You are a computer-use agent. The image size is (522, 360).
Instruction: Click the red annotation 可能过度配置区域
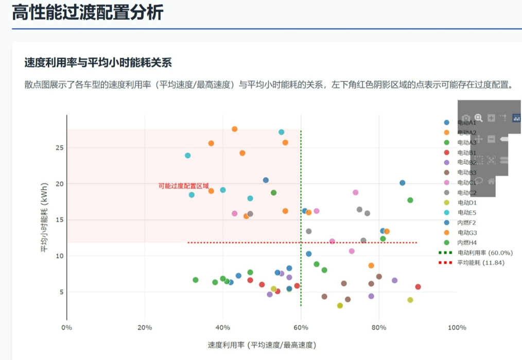[184, 186]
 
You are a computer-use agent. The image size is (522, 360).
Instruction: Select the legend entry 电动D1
[467, 203]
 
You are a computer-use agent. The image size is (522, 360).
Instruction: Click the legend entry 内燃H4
[467, 243]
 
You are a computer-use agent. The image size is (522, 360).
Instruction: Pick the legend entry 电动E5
[467, 213]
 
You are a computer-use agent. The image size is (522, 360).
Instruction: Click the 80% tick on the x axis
[379, 328]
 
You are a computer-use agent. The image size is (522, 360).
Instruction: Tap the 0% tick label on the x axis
[66, 328]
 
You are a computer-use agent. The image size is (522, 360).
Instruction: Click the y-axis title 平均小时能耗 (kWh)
[45, 217]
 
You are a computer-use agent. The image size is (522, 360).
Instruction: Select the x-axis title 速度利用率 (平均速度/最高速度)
[262, 344]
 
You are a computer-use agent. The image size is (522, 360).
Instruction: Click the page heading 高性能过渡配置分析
[88, 12]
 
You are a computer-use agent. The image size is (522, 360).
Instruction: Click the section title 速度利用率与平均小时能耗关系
[98, 63]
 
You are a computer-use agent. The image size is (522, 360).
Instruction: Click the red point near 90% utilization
[418, 287]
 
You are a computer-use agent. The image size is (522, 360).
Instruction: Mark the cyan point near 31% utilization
[188, 156]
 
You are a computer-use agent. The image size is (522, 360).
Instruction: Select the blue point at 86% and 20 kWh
[403, 183]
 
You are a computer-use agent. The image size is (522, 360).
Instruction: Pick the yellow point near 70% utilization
[340, 305]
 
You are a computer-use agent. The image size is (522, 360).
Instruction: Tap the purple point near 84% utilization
[394, 281]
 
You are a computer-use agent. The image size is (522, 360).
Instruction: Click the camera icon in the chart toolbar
[465, 118]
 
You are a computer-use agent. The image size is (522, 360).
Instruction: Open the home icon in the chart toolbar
[491, 181]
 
